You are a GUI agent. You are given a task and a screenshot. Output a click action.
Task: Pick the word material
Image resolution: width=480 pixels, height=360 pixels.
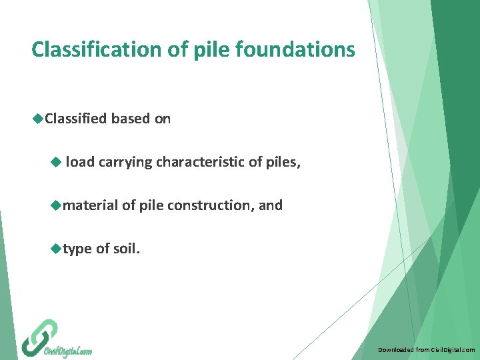pos(90,205)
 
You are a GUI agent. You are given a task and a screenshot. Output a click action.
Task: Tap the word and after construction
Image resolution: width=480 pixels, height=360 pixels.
pos(271,205)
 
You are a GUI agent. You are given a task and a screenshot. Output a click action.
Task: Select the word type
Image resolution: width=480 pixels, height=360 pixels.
pos(77,249)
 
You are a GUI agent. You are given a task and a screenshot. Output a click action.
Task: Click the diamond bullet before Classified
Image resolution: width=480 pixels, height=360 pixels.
pos(38,119)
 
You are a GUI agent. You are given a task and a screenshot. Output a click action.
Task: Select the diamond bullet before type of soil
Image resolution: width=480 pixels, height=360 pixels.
pos(56,249)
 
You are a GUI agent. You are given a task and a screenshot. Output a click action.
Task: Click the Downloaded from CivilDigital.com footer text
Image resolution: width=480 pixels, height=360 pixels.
pos(426,349)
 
